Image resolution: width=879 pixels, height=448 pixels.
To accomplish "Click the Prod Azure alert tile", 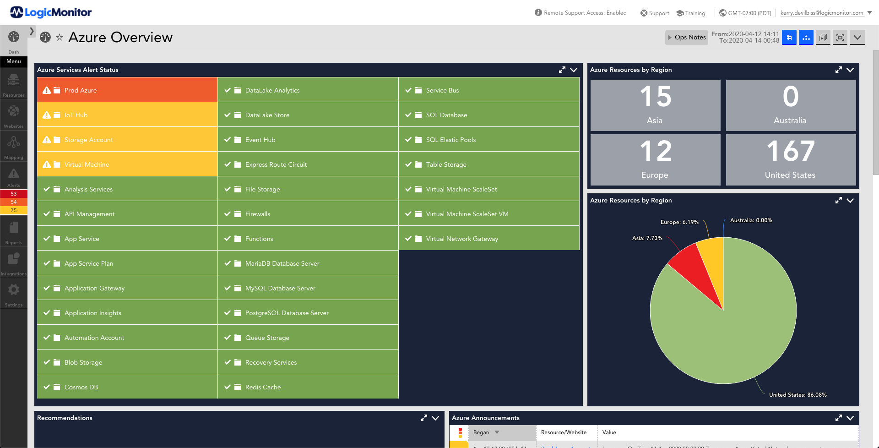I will (127, 90).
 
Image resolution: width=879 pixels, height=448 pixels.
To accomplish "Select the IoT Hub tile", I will (127, 115).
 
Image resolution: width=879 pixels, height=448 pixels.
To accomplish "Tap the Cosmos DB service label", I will (81, 387).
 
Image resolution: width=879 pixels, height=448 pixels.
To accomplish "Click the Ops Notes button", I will (686, 38).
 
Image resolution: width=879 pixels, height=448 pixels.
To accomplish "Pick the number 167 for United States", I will (791, 151).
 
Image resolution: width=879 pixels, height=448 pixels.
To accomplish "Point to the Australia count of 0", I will (791, 97).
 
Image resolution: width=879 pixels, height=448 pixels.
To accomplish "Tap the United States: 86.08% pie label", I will (798, 395).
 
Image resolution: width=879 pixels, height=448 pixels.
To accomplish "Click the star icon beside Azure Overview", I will (60, 38).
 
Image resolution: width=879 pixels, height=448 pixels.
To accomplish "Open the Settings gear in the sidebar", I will (14, 290).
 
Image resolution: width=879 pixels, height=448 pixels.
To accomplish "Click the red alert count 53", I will (14, 194).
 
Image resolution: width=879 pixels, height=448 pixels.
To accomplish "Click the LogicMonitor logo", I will (51, 12).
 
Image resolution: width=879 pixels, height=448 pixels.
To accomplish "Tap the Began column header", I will (481, 432).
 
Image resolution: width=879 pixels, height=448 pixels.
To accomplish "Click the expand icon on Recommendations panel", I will (423, 418).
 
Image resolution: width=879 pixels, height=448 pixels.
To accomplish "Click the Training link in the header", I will (691, 13).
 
